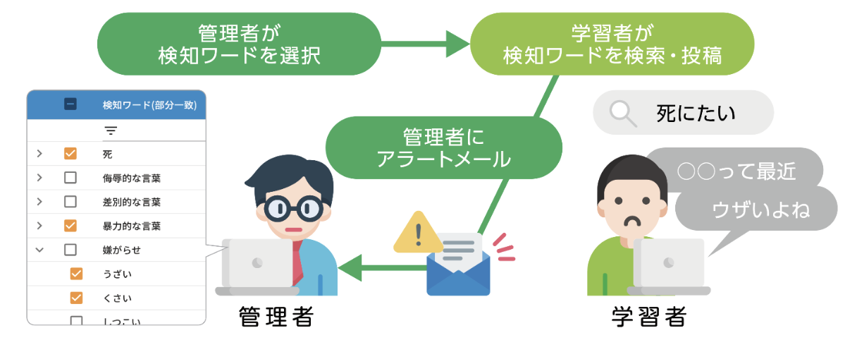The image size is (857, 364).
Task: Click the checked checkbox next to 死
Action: click(70, 154)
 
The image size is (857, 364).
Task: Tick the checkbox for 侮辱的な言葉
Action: click(70, 178)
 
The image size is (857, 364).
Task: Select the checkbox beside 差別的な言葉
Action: click(70, 202)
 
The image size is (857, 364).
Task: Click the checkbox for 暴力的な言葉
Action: click(70, 226)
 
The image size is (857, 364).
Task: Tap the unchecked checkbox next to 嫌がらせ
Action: click(70, 250)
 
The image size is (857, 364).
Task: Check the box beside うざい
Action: click(77, 274)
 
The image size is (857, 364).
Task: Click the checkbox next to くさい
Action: click(77, 298)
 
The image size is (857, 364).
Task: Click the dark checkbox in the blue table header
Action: click(70, 104)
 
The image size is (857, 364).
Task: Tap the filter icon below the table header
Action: click(111, 131)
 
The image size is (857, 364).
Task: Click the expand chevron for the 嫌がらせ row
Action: click(39, 250)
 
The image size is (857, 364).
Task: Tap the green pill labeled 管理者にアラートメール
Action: click(443, 147)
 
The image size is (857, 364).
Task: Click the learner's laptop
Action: click(669, 267)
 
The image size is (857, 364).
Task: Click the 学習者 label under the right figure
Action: click(649, 317)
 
